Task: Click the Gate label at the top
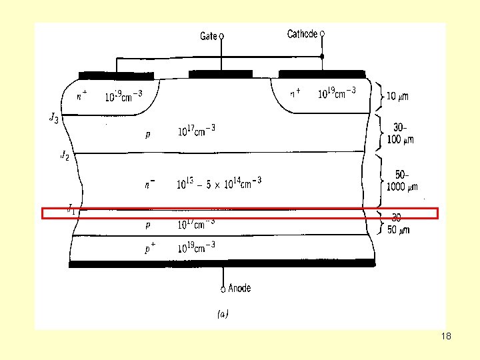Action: tap(209, 36)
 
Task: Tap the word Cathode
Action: tap(302, 33)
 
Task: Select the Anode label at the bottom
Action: tap(239, 288)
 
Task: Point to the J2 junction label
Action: tap(65, 156)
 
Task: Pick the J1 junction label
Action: tap(71, 209)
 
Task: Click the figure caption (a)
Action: tap(223, 314)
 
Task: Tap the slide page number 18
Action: tap(446, 336)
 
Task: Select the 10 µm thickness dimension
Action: tap(398, 97)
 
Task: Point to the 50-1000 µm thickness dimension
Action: tap(399, 181)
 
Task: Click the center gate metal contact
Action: tap(221, 73)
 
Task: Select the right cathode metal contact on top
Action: tap(322, 74)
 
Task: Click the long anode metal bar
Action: tap(222, 264)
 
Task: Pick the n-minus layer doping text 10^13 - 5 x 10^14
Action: tap(219, 182)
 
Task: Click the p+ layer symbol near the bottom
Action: tap(151, 248)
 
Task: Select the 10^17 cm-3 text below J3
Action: tap(196, 131)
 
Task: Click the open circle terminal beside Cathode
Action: tap(323, 33)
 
